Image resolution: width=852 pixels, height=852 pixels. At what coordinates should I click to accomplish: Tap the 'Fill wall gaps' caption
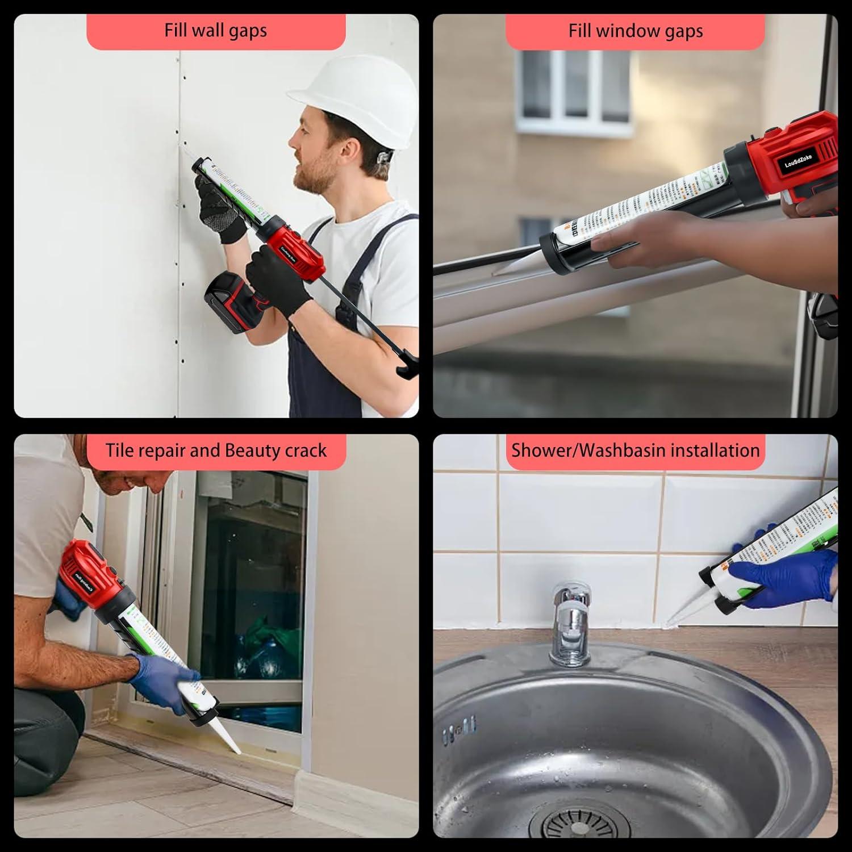point(216,31)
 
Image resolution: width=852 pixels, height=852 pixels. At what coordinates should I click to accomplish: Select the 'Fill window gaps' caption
point(635,31)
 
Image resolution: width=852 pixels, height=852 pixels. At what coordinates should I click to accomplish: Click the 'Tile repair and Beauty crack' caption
point(216,450)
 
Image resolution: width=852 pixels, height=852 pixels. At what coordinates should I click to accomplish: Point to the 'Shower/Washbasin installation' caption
point(635,450)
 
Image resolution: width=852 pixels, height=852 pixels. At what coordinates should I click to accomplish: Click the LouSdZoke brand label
point(797,161)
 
